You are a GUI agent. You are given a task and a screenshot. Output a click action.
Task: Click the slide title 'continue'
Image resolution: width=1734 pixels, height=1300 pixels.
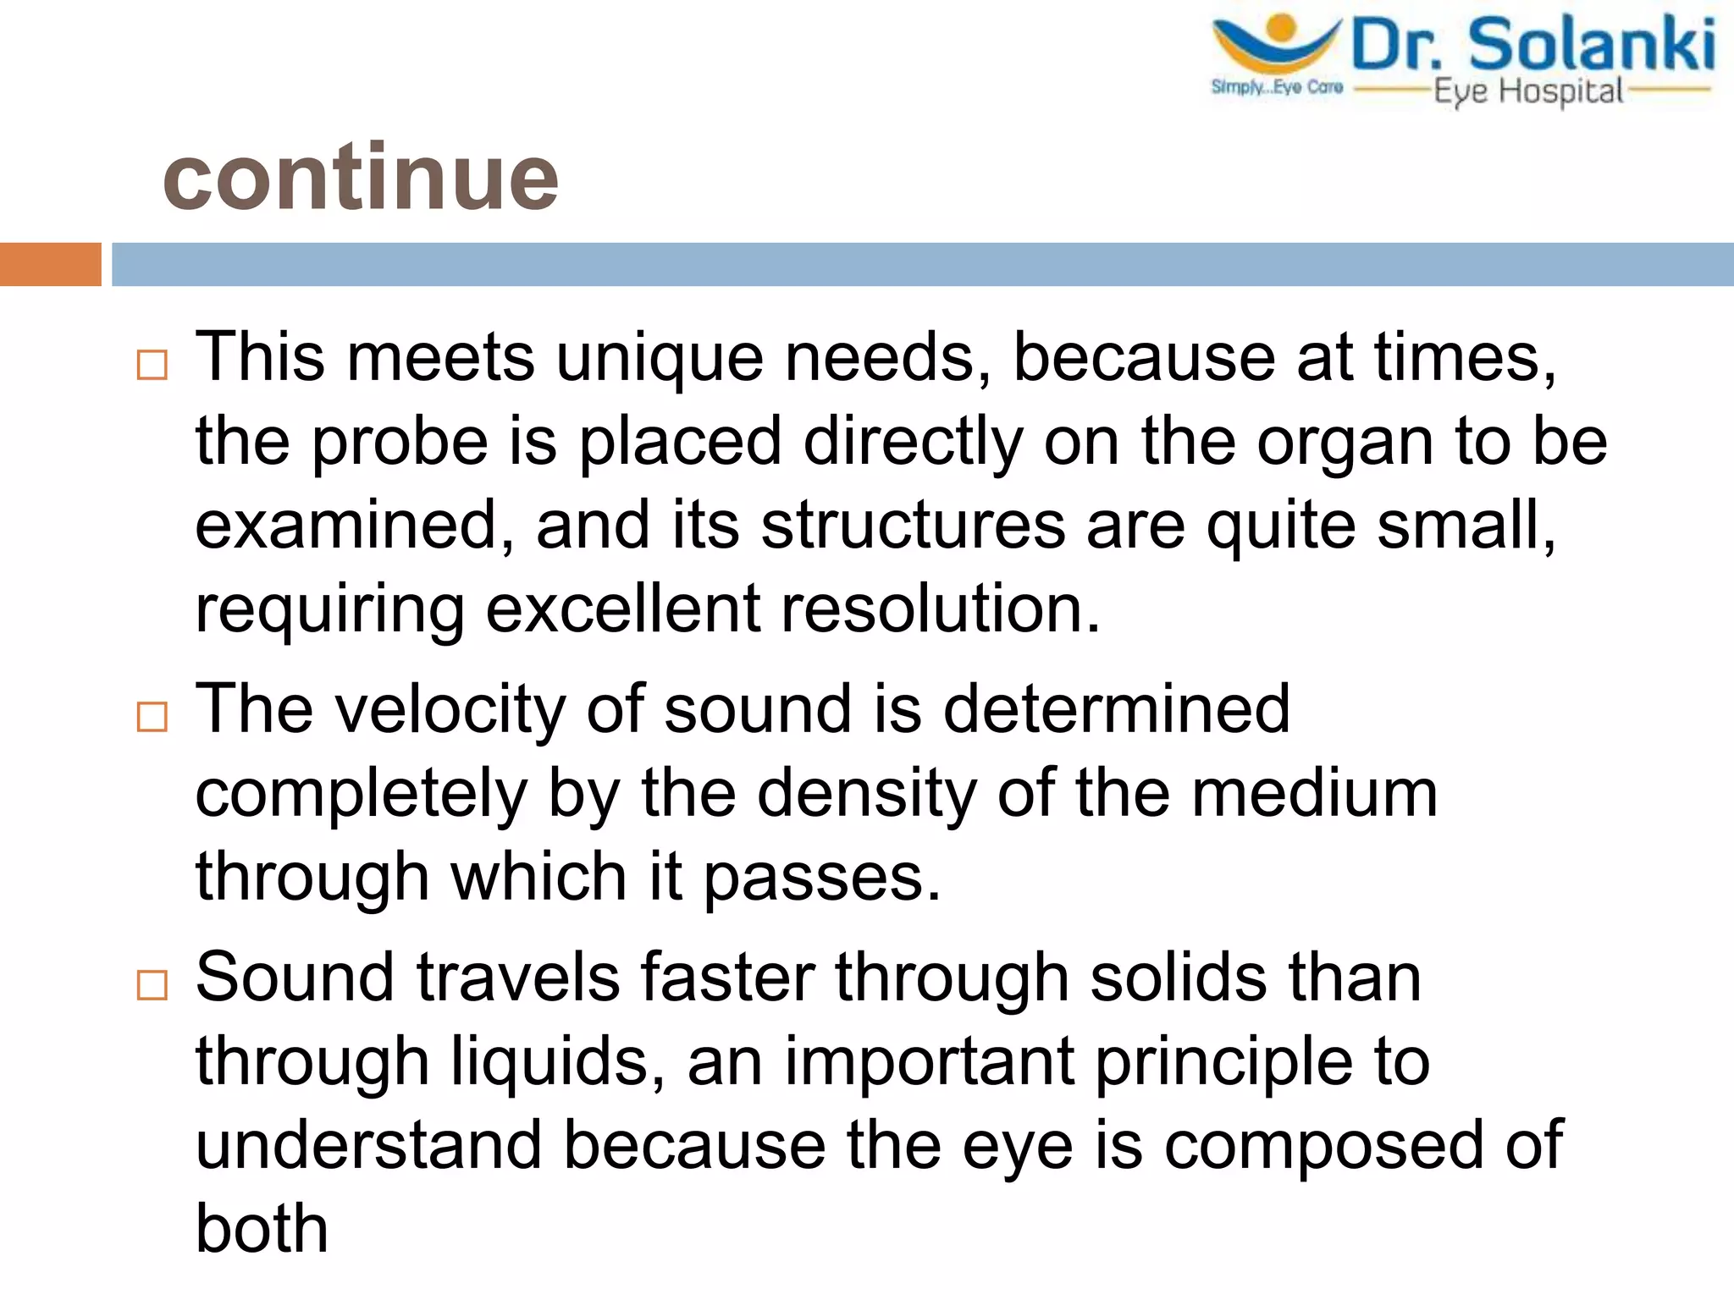pos(361,178)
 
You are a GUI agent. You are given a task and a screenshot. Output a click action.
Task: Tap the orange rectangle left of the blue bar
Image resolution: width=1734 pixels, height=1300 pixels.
pos(50,264)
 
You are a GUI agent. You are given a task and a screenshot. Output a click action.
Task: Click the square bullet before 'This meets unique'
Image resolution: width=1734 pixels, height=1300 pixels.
pos(152,366)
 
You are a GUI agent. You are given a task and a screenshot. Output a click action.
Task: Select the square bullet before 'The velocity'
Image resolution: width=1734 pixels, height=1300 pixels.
pos(152,717)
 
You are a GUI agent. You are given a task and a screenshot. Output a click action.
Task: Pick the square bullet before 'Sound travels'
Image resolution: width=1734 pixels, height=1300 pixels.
pos(152,985)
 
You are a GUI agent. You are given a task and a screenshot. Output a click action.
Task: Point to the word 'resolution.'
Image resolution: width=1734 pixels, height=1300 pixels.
pos(940,609)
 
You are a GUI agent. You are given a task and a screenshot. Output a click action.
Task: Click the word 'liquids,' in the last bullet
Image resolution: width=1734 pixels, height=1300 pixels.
pos(557,1062)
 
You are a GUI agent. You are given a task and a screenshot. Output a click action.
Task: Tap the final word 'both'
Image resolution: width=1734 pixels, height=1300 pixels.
pos(262,1229)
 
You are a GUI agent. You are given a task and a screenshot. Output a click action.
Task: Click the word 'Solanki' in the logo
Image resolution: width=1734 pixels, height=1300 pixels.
pos(1592,46)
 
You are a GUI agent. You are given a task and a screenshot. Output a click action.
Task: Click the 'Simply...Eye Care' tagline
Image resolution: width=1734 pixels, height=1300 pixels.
pos(1277,87)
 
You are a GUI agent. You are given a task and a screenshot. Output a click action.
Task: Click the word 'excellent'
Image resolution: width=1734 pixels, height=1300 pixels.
pos(622,609)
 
